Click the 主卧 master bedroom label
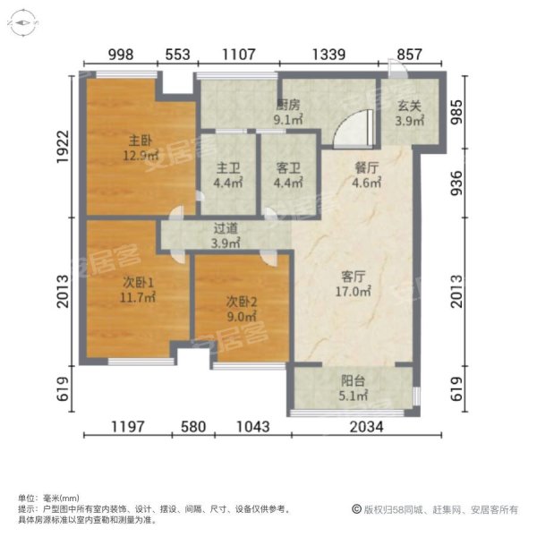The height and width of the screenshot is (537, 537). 141,141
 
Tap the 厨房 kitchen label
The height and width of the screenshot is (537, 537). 288,105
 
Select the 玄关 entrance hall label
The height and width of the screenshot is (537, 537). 410,107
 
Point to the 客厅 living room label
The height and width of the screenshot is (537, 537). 354,277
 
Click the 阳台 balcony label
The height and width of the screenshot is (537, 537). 354,381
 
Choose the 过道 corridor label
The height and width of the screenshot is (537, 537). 226,228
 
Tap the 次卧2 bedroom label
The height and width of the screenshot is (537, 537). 242,303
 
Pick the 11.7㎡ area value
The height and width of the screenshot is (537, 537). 138,297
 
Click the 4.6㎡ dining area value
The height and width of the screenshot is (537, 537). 366,183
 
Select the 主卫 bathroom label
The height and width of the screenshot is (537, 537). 228,168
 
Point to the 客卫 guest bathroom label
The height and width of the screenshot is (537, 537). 288,168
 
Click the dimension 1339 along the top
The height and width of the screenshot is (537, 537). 328,55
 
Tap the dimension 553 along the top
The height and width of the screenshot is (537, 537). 177,55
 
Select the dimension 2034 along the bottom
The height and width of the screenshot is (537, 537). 366,427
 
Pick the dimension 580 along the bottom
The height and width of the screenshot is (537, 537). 193,427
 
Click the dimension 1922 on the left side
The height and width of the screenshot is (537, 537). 63,147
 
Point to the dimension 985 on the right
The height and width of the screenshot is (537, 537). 456,112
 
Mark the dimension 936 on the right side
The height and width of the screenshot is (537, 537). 456,183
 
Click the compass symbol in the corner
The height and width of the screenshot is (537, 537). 23,23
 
